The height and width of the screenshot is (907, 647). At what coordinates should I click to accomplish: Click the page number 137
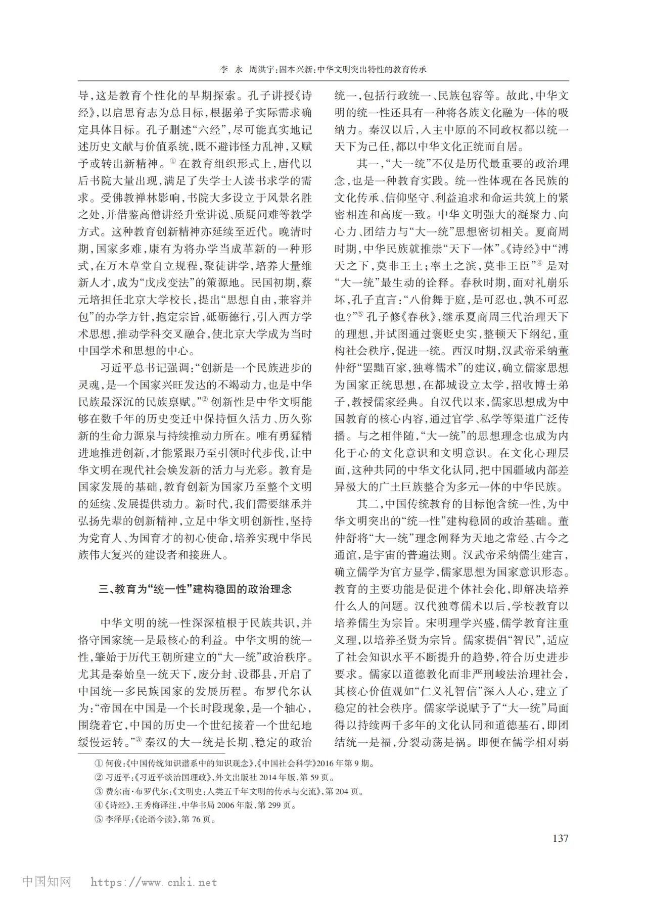(560, 838)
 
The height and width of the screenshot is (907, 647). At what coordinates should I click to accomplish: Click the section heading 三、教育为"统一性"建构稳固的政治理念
(195, 589)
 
